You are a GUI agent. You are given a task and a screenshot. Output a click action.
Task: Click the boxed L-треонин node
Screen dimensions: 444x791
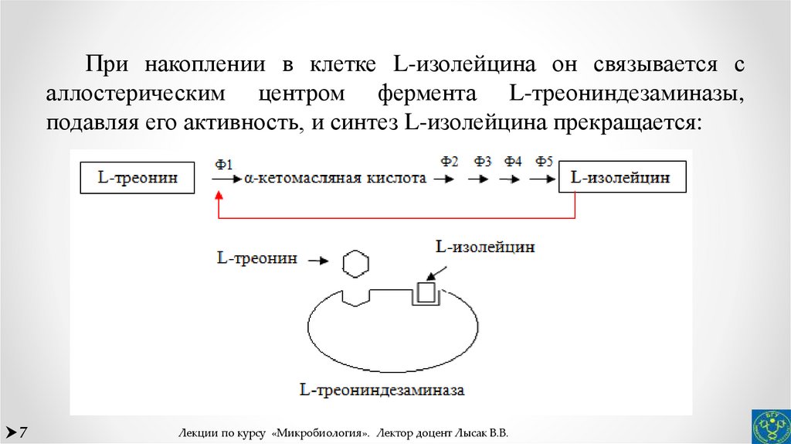(x=138, y=179)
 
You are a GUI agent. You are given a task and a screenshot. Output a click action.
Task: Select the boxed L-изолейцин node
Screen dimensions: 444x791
(x=620, y=179)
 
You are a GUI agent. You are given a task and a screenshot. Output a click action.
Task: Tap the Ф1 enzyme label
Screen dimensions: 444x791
(x=224, y=164)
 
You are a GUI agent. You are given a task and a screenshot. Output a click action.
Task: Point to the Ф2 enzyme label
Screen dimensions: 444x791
(x=450, y=162)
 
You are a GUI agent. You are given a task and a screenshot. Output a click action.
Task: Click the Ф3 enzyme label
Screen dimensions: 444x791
(x=483, y=162)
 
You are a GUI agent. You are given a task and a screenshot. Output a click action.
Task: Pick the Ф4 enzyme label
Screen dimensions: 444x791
(x=513, y=162)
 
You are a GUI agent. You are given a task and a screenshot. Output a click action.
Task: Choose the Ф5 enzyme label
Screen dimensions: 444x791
(x=544, y=162)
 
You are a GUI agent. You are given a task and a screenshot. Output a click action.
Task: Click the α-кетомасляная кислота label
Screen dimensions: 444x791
(x=335, y=179)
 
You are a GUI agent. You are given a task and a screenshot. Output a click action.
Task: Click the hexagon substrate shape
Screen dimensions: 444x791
(x=355, y=263)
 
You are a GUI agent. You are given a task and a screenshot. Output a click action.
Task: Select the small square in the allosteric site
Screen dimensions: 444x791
(x=426, y=292)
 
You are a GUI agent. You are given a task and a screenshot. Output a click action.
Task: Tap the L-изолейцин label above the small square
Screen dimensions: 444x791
(x=485, y=248)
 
